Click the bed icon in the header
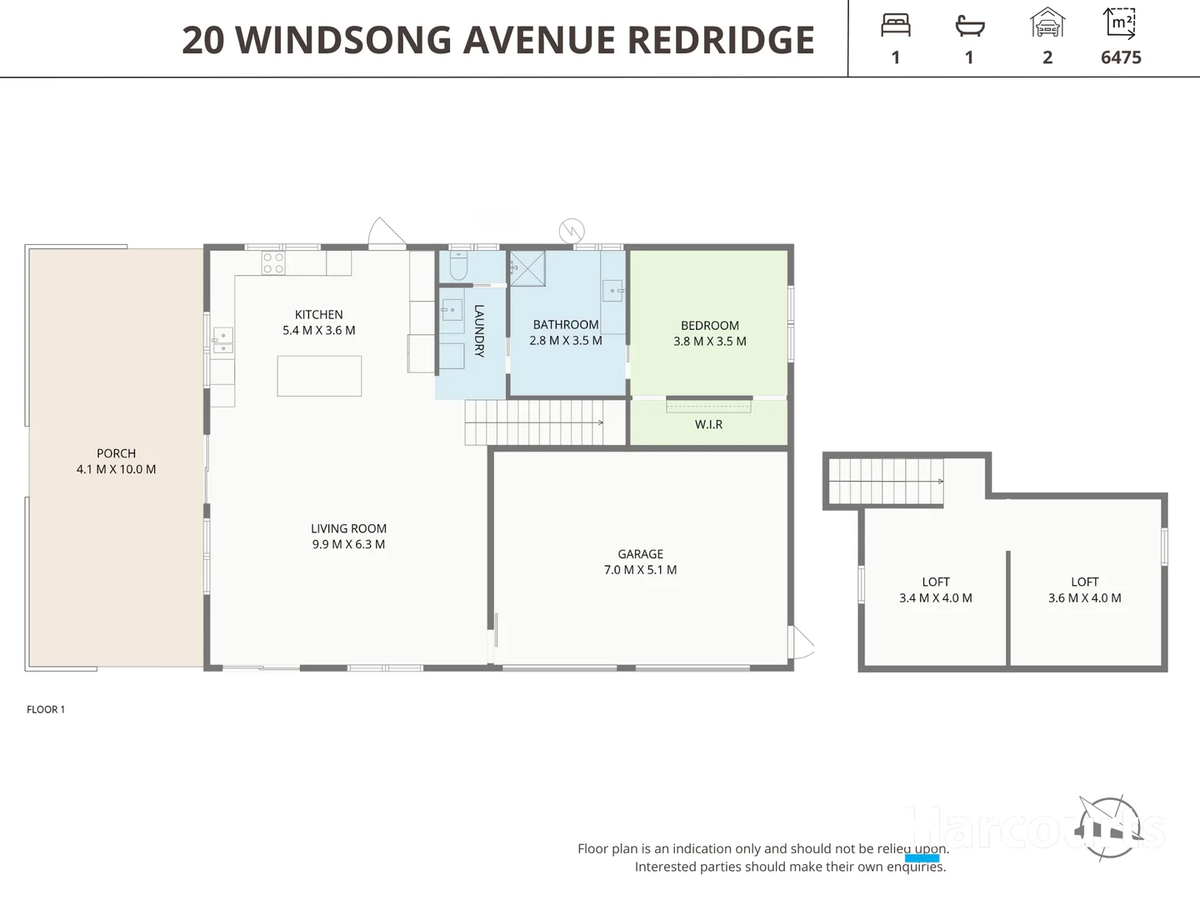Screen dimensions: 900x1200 (895, 25)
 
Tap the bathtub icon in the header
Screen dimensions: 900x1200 (969, 26)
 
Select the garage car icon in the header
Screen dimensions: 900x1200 (1047, 23)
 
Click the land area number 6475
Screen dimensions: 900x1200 (1121, 57)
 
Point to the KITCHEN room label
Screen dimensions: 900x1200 (318, 314)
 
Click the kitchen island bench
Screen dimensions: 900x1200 (319, 376)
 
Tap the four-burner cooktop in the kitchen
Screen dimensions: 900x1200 (273, 263)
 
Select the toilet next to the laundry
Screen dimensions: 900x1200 (458, 265)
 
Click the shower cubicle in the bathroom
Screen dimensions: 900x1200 (527, 268)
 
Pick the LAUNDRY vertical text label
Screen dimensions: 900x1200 (479, 331)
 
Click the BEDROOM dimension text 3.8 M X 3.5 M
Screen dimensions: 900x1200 (710, 341)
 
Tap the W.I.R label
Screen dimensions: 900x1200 (708, 424)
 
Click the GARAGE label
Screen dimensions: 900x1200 (640, 554)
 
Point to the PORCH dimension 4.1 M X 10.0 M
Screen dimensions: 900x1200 (116, 469)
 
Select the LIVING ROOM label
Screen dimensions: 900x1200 (348, 528)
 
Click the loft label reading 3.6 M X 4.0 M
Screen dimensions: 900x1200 (1084, 597)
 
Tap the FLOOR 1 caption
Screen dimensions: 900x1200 (46, 709)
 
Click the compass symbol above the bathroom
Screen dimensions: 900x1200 (572, 230)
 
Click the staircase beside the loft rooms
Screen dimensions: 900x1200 (885, 482)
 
